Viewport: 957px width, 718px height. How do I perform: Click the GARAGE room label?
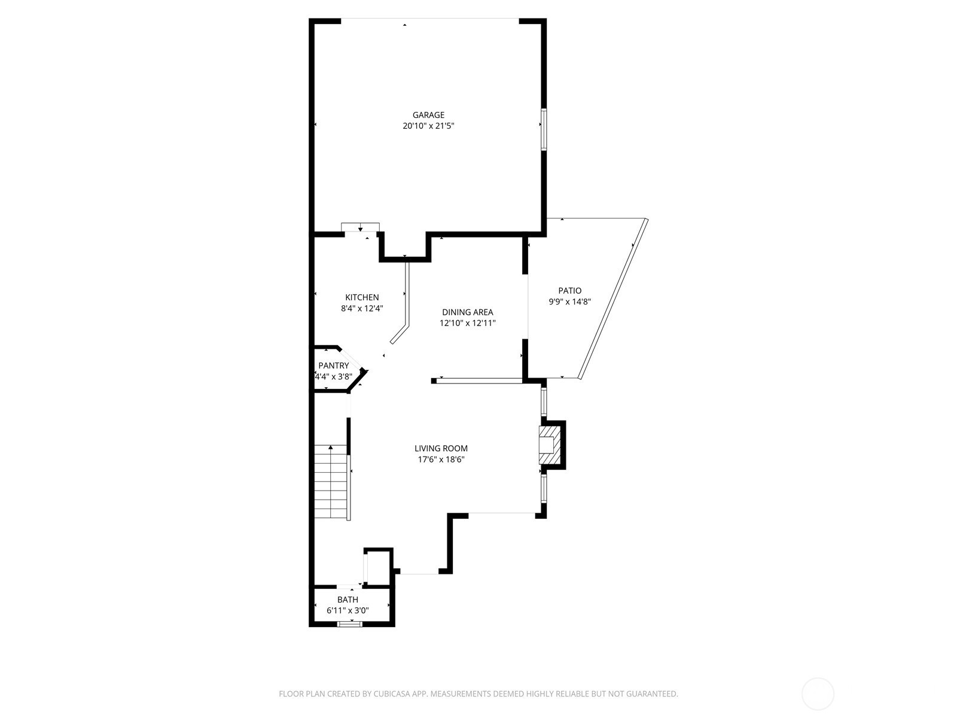point(429,115)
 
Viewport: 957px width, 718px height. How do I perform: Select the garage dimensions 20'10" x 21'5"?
point(429,126)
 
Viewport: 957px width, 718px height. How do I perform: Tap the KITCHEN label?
point(362,297)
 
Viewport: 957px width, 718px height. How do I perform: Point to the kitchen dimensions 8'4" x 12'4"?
point(362,309)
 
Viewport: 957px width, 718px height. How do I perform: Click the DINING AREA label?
point(468,312)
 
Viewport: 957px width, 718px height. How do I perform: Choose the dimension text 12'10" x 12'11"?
point(468,324)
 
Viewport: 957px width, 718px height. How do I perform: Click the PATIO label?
point(570,290)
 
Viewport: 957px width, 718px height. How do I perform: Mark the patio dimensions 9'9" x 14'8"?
point(570,302)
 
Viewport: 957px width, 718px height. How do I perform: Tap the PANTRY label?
point(334,366)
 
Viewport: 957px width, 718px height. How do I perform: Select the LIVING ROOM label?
point(441,448)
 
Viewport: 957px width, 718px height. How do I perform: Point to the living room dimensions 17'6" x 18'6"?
point(441,460)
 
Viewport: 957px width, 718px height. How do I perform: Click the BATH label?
point(348,600)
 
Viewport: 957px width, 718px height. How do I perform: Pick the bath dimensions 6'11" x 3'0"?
point(348,611)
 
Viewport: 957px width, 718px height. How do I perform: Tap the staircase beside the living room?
point(331,482)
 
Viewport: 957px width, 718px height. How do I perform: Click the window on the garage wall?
point(544,129)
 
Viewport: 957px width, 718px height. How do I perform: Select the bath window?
point(350,624)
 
